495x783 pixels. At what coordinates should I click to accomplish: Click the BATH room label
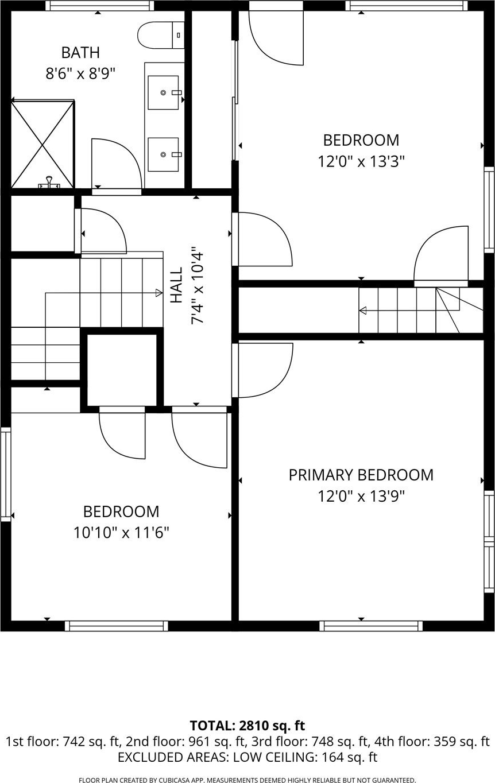click(80, 52)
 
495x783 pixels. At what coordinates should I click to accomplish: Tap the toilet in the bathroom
click(161, 35)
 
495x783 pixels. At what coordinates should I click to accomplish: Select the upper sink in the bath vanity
click(163, 92)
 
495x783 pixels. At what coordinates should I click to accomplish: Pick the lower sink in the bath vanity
click(163, 154)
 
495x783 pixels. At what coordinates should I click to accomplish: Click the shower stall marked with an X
click(42, 144)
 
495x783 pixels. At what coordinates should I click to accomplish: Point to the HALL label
click(176, 285)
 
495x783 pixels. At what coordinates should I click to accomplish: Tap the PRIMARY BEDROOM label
click(361, 475)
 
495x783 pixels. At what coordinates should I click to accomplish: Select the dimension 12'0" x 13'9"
click(361, 496)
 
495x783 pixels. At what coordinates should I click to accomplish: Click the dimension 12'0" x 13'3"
click(361, 161)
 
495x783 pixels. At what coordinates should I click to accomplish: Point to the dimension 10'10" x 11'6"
click(121, 533)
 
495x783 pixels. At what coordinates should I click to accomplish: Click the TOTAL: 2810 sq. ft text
click(247, 726)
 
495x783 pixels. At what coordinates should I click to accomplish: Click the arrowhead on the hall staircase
click(159, 293)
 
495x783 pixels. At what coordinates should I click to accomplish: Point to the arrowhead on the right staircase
click(363, 311)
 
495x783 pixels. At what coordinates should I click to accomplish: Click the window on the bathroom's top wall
click(99, 6)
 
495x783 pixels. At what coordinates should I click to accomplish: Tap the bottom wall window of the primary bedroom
click(371, 626)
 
